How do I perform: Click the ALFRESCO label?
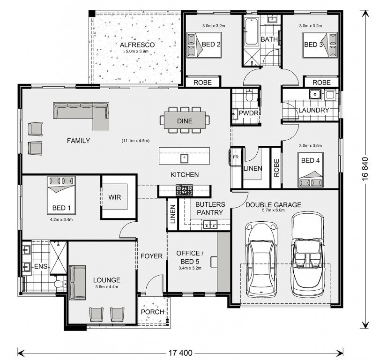(137, 45)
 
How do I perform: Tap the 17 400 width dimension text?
(180, 353)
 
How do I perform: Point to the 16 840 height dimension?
(365, 169)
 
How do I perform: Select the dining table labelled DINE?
(185, 120)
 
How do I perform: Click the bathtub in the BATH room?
(252, 31)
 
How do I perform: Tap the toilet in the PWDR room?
(249, 95)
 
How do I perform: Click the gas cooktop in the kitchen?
(184, 190)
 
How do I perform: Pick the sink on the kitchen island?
(184, 158)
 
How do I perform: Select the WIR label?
(115, 197)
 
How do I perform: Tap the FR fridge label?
(236, 157)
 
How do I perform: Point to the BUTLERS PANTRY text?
(210, 208)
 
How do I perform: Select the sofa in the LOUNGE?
(77, 283)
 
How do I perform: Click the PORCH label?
(152, 312)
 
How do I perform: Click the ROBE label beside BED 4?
(276, 168)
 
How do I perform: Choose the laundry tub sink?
(315, 94)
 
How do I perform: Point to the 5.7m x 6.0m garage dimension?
(273, 210)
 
